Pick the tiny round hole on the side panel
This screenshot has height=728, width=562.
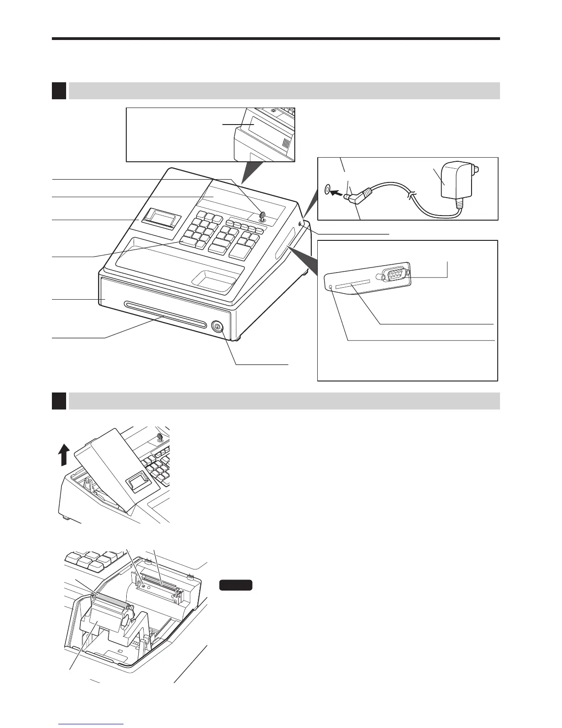[x=332, y=287]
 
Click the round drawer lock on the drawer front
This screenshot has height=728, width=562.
[x=217, y=327]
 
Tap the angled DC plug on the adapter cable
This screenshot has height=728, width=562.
[x=357, y=197]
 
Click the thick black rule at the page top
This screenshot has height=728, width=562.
[x=275, y=39]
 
